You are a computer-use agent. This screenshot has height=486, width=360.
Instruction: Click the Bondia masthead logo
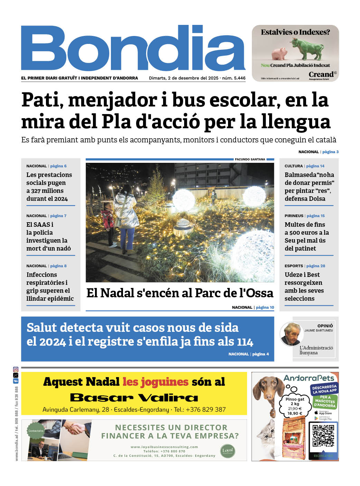pyautogui.click(x=133, y=48)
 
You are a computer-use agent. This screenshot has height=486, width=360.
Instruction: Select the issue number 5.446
pyautogui.click(x=239, y=78)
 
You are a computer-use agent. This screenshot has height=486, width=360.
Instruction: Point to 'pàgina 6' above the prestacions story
pyautogui.click(x=58, y=166)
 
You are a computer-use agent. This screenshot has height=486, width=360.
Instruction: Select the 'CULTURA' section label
pyautogui.click(x=293, y=166)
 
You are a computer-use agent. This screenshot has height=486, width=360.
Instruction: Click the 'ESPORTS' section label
pyautogui.click(x=294, y=266)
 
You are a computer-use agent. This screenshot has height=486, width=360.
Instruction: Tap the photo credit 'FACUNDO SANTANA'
pyautogui.click(x=250, y=159)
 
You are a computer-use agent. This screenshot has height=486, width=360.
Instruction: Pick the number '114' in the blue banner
pyautogui.click(x=245, y=342)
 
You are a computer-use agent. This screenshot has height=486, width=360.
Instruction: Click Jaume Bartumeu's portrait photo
pyautogui.click(x=291, y=334)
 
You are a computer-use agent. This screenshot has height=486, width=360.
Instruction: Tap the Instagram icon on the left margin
pyautogui.click(x=16, y=370)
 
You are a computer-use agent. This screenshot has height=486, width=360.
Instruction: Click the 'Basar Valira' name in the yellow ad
pyautogui.click(x=134, y=398)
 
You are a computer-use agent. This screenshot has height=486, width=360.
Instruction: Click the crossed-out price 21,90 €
pyautogui.click(x=294, y=409)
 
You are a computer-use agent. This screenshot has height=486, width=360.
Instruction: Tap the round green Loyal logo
pyautogui.click(x=228, y=450)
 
